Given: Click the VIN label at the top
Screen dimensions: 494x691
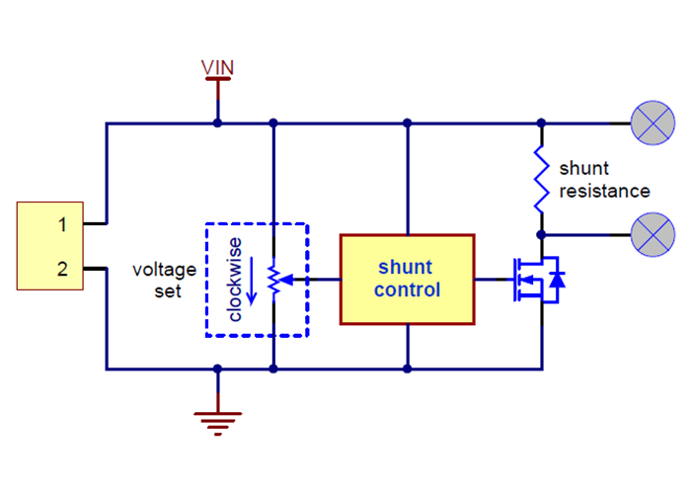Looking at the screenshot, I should tap(217, 67).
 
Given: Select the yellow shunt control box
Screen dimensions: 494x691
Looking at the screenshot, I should tap(407, 280).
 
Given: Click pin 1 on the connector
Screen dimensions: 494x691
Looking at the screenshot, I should tap(61, 225).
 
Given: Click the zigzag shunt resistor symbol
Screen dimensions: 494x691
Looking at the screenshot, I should tap(541, 179).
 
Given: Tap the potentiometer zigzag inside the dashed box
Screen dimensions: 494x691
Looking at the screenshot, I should tap(272, 281).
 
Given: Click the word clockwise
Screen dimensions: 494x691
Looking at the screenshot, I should tap(234, 281).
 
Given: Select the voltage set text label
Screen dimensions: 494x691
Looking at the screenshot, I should tap(164, 281).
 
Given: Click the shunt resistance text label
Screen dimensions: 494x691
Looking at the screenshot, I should tap(604, 179).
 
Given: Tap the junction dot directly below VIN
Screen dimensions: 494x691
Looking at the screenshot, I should tap(217, 123).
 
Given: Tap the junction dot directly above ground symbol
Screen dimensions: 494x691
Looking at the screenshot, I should tap(217, 369).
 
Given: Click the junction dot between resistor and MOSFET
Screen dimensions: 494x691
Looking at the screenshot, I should tap(541, 234).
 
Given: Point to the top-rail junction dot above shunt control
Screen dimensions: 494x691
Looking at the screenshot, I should tap(407, 123).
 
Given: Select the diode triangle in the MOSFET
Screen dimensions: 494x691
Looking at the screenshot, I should tap(557, 281).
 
